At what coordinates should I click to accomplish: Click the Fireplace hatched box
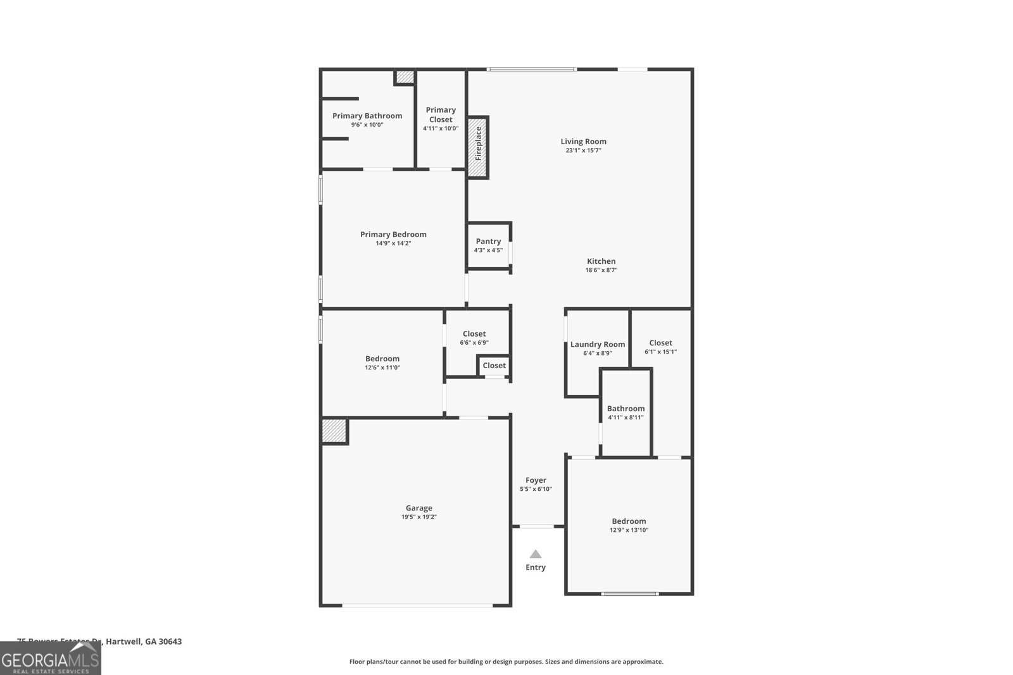tap(478, 147)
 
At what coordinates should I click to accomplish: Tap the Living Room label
tap(583, 142)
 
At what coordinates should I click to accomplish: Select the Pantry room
tap(488, 245)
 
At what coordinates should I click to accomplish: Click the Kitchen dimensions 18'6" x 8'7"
tap(601, 270)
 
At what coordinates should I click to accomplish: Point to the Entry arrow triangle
tap(536, 554)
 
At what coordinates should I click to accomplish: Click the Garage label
tap(418, 508)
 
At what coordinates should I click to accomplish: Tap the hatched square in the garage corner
tap(334, 431)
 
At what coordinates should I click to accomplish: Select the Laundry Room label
tap(597, 345)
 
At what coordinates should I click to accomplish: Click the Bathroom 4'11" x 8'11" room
tap(626, 412)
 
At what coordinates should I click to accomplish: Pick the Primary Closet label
tap(441, 115)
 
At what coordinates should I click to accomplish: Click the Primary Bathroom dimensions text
tap(367, 125)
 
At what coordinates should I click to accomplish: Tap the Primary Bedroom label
tap(393, 235)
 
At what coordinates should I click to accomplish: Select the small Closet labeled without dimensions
tap(494, 366)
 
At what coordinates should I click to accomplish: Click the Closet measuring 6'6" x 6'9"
tap(474, 338)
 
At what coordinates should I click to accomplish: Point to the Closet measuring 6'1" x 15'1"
tap(660, 347)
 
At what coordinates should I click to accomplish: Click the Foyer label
tap(536, 480)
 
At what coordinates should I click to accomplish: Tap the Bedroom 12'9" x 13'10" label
tap(629, 521)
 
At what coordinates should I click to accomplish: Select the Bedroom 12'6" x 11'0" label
tap(382, 359)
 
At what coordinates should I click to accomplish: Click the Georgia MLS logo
tap(51, 659)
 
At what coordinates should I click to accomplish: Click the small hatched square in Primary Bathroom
tap(404, 77)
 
